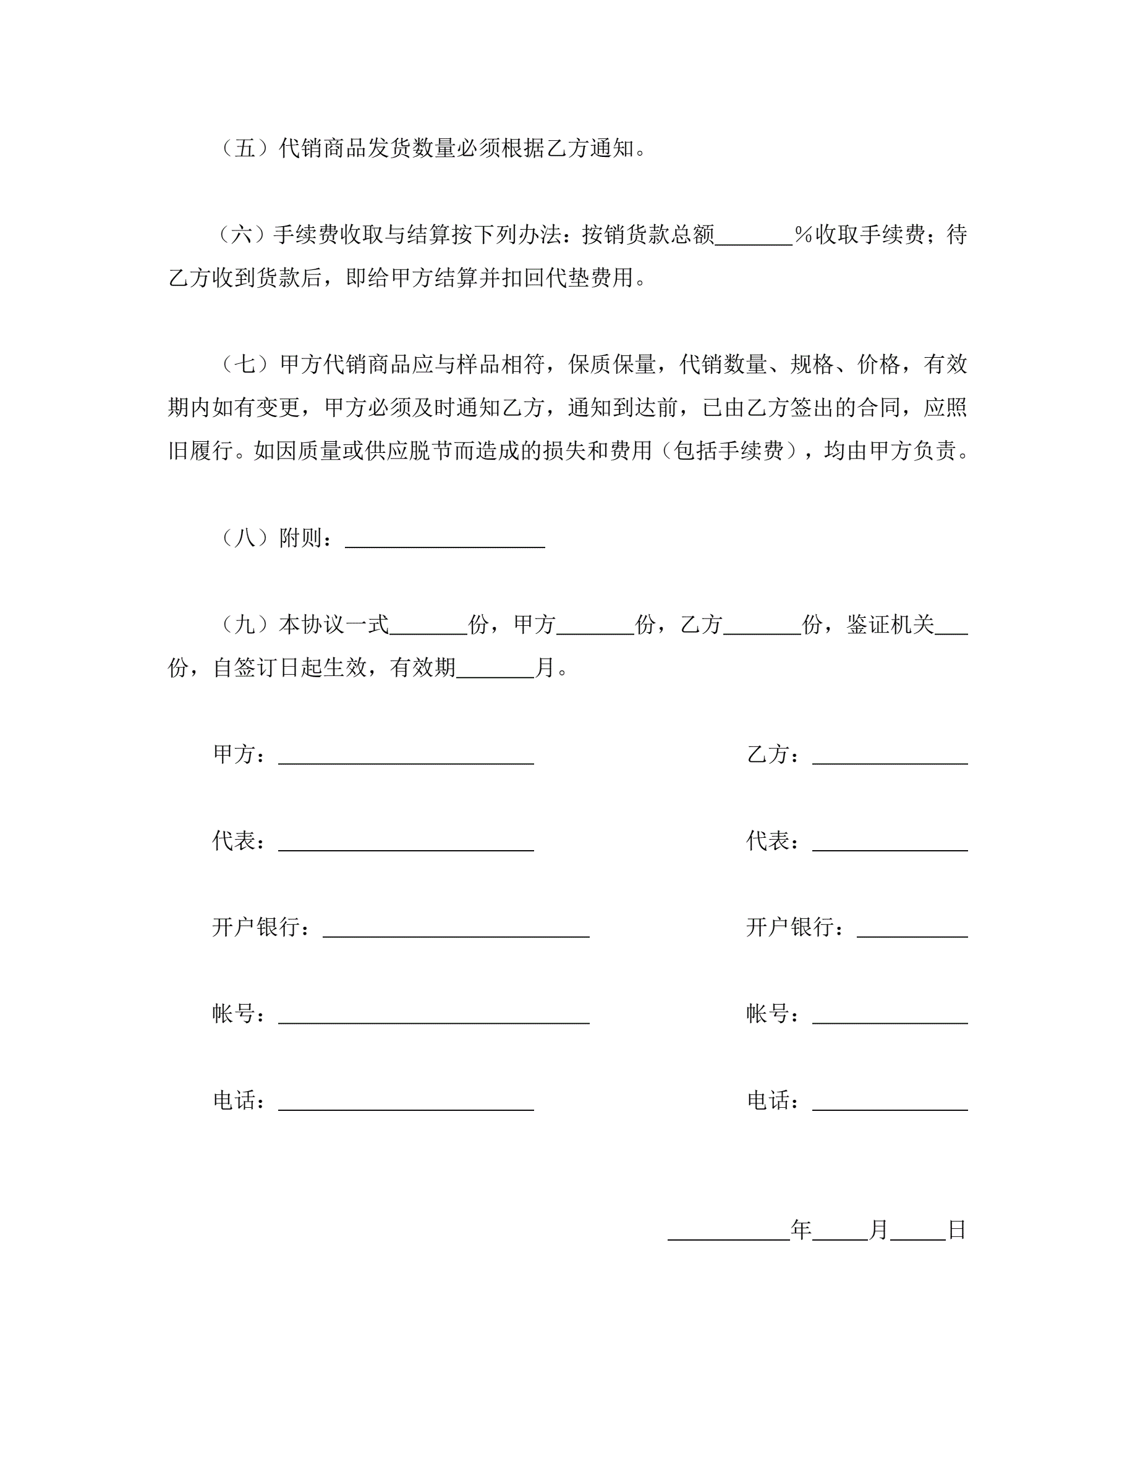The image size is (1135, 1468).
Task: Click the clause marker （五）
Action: coord(245,148)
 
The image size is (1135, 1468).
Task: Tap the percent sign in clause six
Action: coord(804,235)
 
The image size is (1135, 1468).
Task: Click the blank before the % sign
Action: coord(754,238)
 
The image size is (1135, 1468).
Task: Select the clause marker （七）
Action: coord(245,365)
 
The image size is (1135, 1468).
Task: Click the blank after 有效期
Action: coord(495,671)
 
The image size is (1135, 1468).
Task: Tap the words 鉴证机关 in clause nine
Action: coord(890,625)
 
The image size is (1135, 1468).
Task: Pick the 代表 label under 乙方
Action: coord(768,840)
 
